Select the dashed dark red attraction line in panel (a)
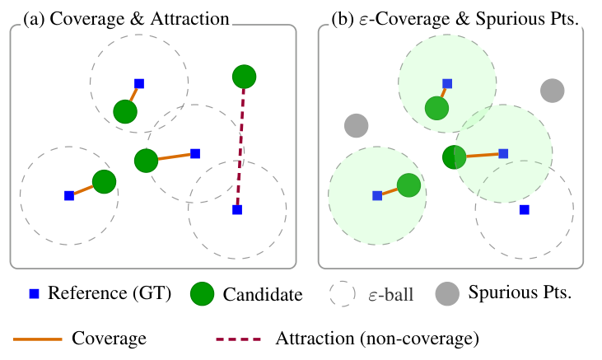[240, 144]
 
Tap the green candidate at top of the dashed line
[243, 77]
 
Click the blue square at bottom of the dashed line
[236, 210]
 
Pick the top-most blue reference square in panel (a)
[139, 83]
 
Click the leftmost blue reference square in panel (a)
[69, 195]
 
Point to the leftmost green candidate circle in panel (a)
[104, 181]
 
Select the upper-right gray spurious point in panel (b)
[552, 91]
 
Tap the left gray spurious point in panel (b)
[356, 126]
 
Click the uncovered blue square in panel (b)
[524, 209]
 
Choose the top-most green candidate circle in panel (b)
[436, 107]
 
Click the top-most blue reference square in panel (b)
[447, 83]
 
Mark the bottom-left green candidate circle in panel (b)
[408, 185]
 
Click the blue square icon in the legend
[35, 293]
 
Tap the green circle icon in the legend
[202, 293]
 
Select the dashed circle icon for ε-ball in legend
[340, 293]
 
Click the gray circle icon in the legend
[447, 293]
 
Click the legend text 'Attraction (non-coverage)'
[377, 339]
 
